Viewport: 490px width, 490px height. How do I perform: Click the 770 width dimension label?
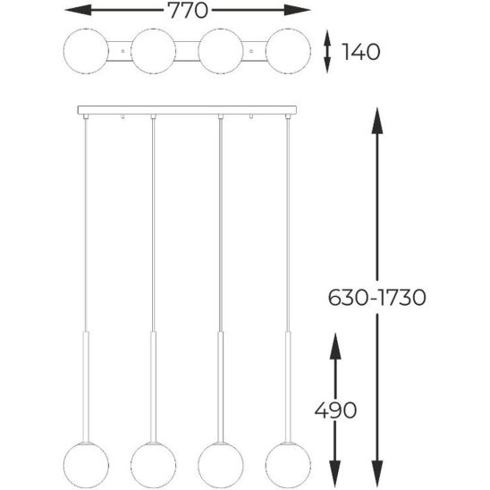click(x=188, y=11)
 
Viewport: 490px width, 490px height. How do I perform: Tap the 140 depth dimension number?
click(x=361, y=52)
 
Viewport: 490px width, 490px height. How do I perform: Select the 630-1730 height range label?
click(x=376, y=297)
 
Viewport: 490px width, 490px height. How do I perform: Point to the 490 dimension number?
click(x=335, y=410)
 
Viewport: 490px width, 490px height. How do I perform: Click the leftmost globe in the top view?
click(x=86, y=51)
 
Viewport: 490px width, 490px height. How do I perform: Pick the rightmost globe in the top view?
click(x=288, y=51)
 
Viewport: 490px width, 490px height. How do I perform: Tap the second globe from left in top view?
click(x=153, y=51)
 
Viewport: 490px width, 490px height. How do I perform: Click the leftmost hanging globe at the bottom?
click(x=86, y=465)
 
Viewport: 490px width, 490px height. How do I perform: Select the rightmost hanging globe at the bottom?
click(x=288, y=465)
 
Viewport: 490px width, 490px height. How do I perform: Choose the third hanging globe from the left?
click(x=221, y=465)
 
